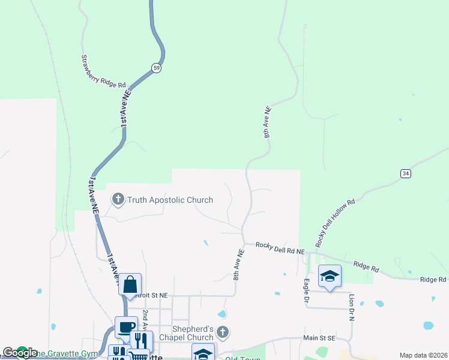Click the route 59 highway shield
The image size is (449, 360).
click(156, 68)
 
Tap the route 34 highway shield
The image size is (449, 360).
click(406, 173)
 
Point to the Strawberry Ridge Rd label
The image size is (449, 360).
click(103, 71)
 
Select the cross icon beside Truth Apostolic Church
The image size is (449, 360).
click(118, 199)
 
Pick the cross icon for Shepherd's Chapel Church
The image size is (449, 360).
click(223, 332)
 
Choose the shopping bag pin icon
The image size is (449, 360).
click(130, 284)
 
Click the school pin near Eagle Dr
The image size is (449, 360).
click(330, 275)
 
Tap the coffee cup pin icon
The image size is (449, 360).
click(125, 328)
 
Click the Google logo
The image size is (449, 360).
click(20, 353)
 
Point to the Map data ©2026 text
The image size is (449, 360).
click(423, 355)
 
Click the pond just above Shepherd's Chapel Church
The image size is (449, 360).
click(222, 314)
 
